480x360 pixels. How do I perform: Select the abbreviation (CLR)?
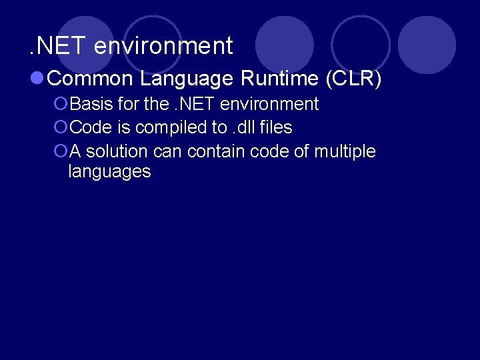[x=354, y=79]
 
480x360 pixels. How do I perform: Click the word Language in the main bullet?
[x=187, y=79]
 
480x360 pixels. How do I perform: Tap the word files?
[x=277, y=128]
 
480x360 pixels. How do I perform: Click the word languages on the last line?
[x=109, y=172]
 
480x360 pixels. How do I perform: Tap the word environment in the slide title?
[x=163, y=46]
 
